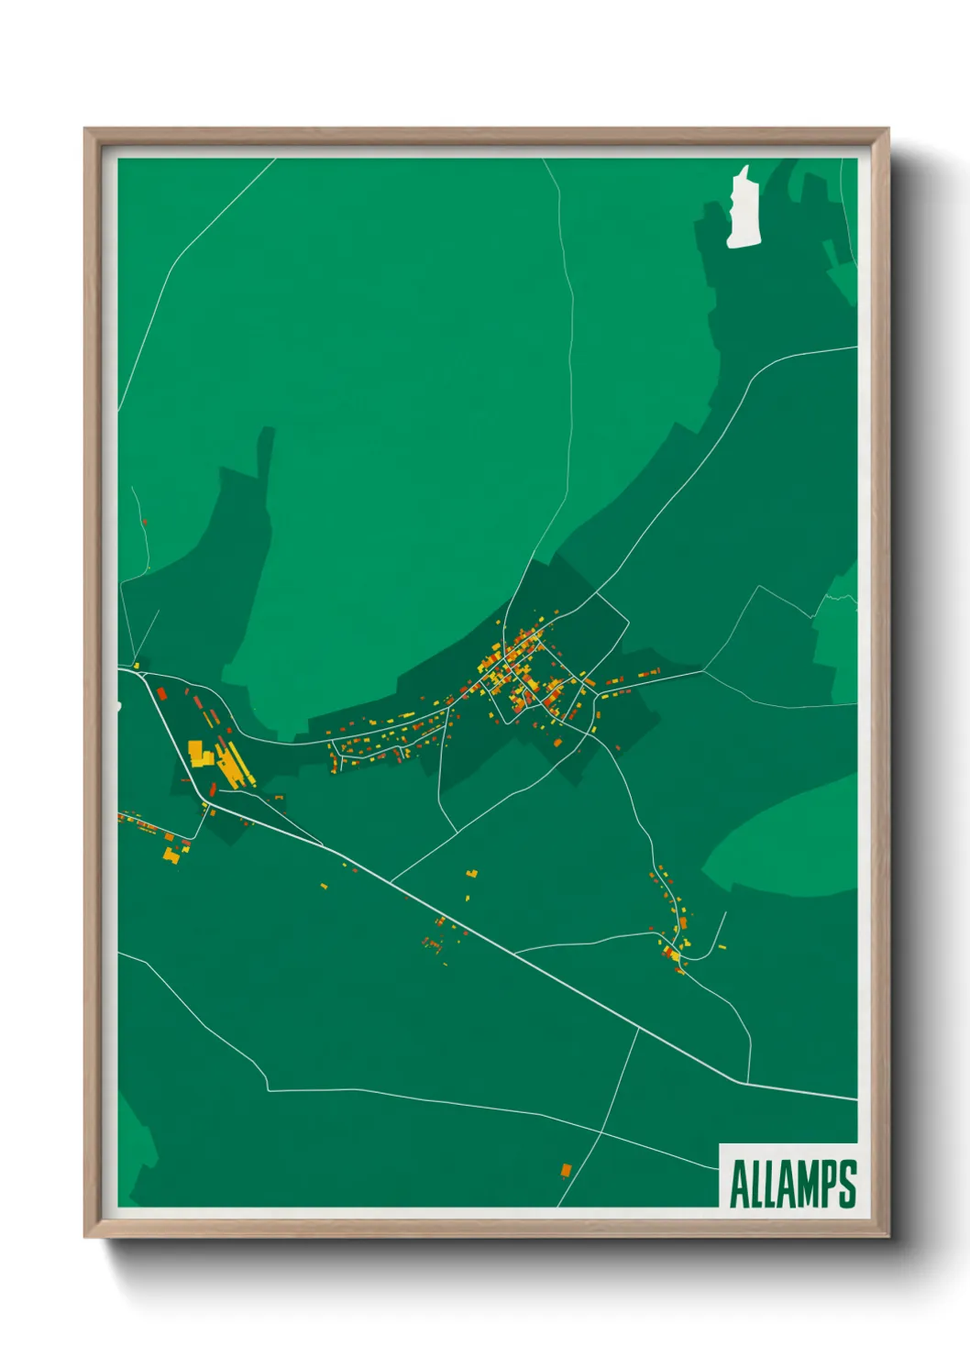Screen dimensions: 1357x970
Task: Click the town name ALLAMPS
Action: coord(793,1184)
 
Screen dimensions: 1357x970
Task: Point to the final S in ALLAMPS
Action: coord(847,1184)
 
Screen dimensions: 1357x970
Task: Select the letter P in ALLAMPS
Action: coord(826,1184)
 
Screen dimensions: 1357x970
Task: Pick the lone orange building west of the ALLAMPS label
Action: coord(566,1170)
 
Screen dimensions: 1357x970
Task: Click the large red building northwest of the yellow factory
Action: coord(161,692)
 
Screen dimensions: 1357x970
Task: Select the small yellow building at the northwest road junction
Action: coord(137,665)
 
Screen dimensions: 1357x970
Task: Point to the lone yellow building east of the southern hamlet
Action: coord(722,946)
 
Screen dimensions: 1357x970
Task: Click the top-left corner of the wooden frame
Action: coord(86,130)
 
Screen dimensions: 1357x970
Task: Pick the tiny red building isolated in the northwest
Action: coord(145,523)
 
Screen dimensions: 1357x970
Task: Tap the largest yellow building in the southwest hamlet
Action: coord(170,855)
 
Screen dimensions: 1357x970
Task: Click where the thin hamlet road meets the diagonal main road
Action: coord(514,954)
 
